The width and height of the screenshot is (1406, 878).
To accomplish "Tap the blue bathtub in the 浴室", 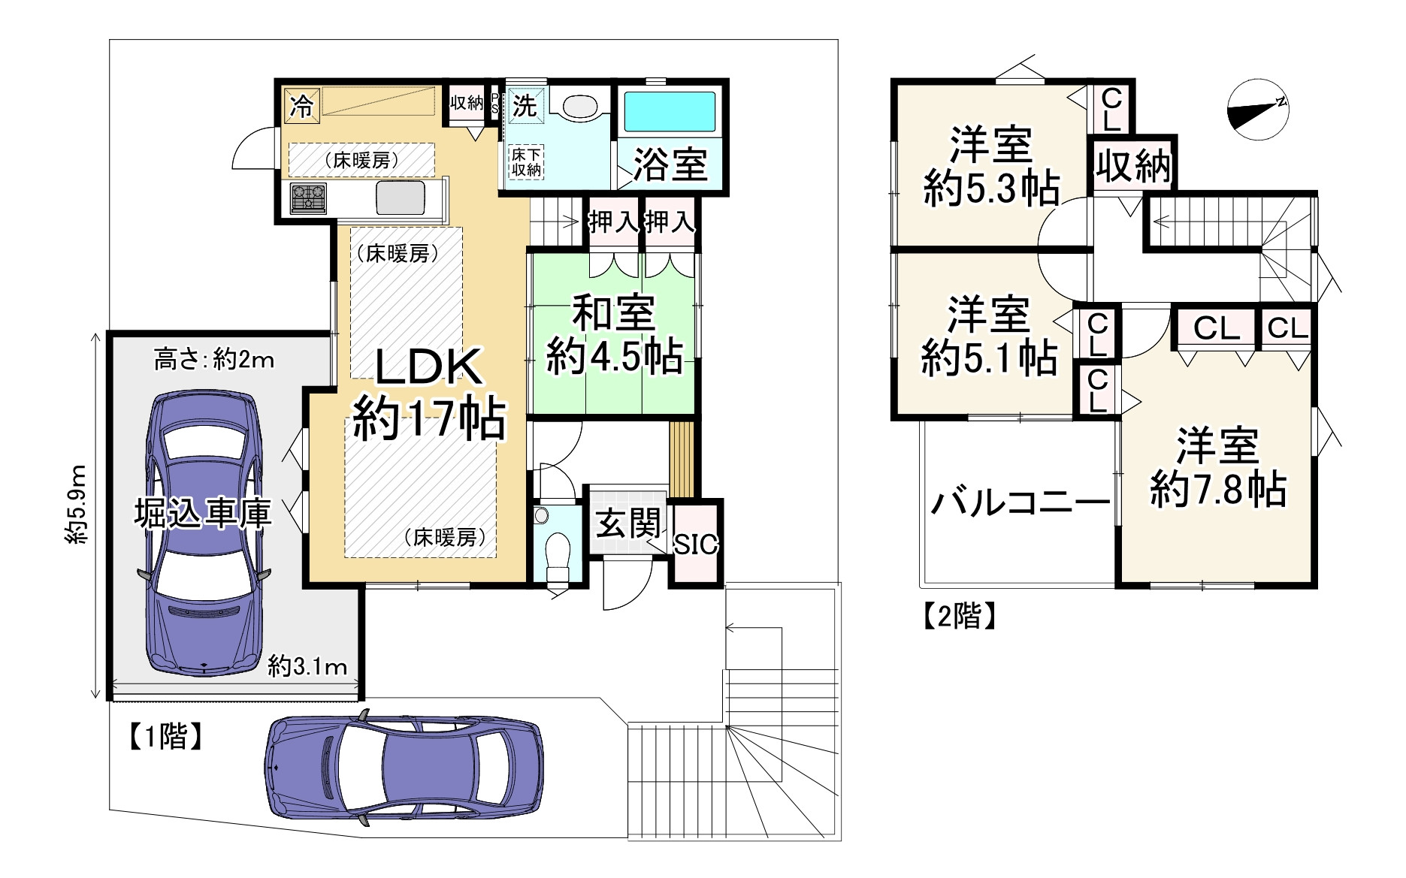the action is point(670,112).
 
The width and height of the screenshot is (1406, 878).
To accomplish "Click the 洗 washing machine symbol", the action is point(525,105).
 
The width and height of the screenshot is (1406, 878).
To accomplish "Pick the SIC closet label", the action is point(696,544).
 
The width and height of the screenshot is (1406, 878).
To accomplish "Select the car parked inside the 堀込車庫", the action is point(204,534).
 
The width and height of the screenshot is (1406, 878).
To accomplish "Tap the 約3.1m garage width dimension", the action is point(307,665).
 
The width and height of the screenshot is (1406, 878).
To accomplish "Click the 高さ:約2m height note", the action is point(214,361).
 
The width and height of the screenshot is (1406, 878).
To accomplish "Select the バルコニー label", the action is point(1020,502).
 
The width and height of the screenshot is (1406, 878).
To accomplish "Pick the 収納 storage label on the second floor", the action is point(1133,165).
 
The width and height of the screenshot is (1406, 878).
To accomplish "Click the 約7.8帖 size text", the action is point(1217,490).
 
